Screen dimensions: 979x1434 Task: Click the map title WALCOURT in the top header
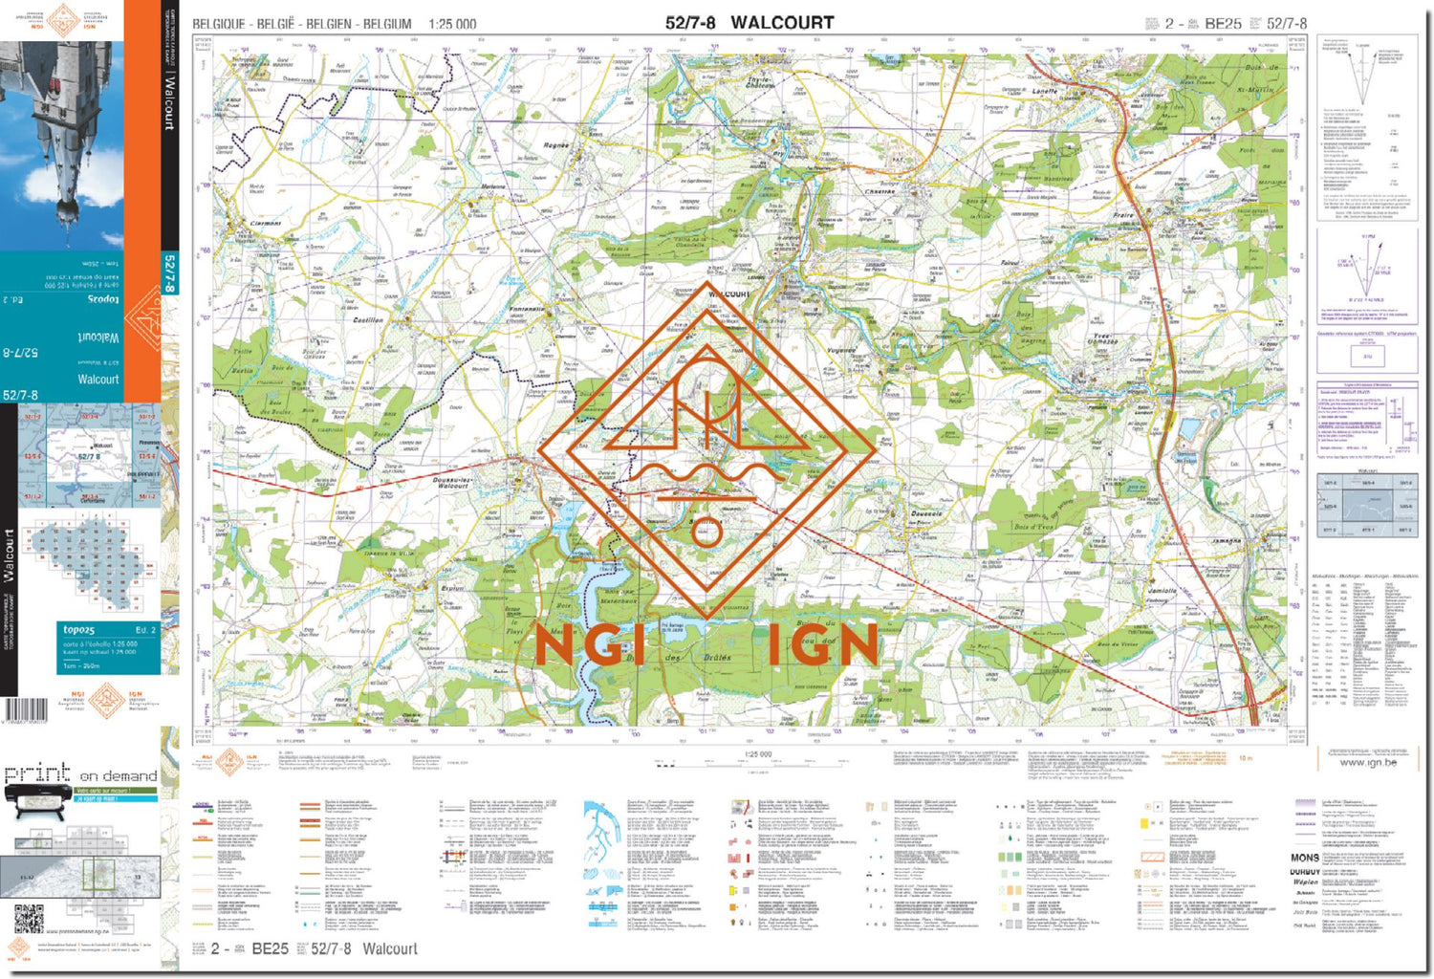(x=782, y=22)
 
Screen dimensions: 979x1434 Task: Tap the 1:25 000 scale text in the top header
(x=452, y=24)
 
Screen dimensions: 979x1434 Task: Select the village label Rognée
(x=555, y=145)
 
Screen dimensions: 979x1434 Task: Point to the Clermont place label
(x=266, y=223)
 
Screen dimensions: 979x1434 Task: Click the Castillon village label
(x=368, y=320)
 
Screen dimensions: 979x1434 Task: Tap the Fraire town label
(x=1123, y=215)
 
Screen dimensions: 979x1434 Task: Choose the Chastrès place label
(x=880, y=191)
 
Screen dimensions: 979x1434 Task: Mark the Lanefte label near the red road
(x=1045, y=92)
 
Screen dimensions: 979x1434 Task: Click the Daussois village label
(x=926, y=513)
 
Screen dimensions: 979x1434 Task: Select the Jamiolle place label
(x=1162, y=591)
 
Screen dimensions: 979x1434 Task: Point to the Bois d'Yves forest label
(x=1033, y=527)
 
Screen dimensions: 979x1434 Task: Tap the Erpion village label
(x=452, y=589)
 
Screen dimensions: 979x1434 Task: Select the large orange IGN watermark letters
(x=821, y=646)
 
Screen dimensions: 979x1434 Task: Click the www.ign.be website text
(x=1367, y=762)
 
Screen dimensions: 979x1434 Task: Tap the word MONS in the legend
(x=1305, y=858)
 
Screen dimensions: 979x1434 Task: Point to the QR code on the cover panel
(x=29, y=919)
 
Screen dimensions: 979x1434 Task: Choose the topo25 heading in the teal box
(x=79, y=630)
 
